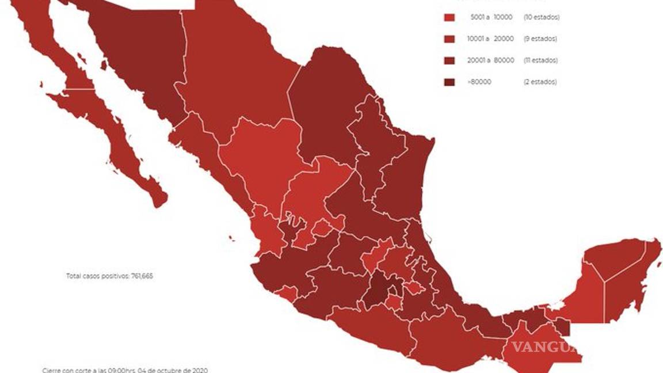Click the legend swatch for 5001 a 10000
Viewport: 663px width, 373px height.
449,17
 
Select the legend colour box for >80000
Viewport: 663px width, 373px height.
449,82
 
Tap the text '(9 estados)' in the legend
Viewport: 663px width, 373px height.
540,39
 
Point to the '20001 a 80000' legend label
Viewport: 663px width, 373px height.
487,60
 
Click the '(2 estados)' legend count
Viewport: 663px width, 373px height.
540,82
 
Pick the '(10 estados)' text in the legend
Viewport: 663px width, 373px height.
541,17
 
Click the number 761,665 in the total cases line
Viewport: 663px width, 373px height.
141,276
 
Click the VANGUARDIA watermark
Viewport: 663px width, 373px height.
543,347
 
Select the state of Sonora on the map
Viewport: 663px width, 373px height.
144,63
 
